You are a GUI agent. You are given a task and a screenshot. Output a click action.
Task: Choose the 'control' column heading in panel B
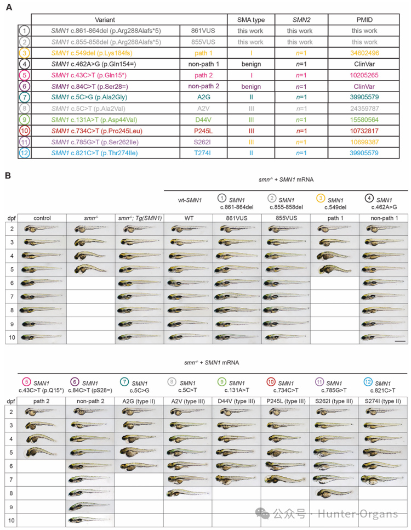tap(42, 218)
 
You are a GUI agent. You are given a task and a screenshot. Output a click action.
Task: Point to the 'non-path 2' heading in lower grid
tap(90, 401)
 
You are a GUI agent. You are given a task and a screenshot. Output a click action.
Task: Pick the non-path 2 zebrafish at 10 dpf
tap(90, 518)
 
